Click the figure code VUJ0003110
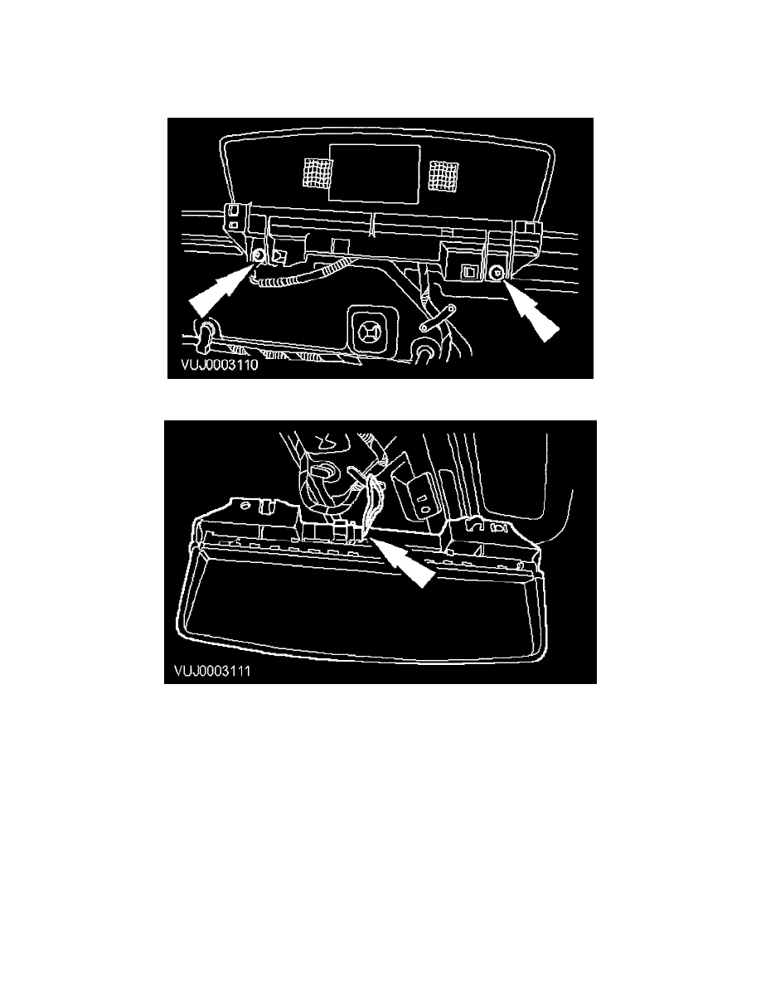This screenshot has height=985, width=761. click(x=219, y=365)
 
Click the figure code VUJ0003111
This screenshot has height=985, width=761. click(x=212, y=671)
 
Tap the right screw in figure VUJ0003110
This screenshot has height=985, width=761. click(x=497, y=271)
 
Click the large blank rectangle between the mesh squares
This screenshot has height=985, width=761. click(x=375, y=172)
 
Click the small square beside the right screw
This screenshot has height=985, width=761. click(x=470, y=271)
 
